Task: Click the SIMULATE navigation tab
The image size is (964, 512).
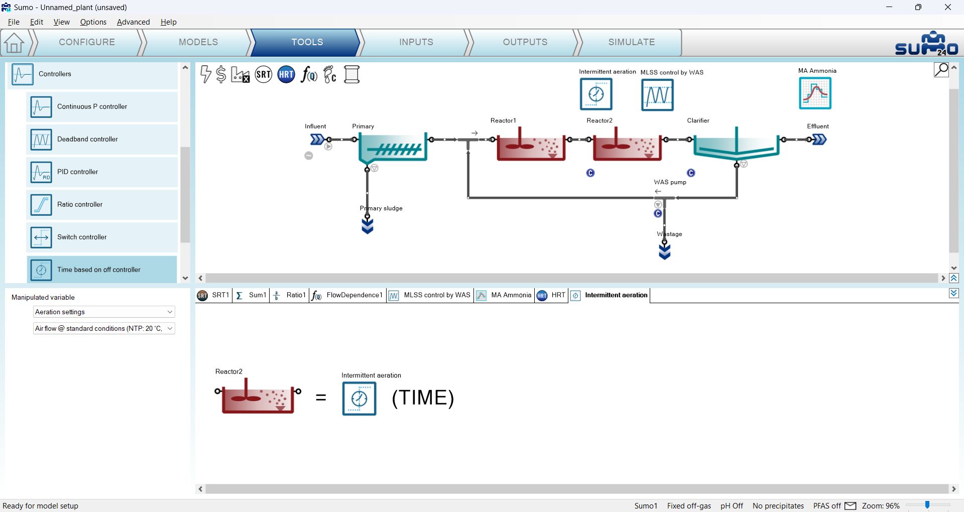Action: coord(631,42)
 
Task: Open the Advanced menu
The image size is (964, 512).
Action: coord(133,22)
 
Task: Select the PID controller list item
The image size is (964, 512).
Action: coord(102,172)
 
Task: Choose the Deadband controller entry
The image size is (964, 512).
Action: coord(102,140)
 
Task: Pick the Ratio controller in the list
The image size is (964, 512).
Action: coord(102,205)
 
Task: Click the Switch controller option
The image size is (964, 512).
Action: coord(102,237)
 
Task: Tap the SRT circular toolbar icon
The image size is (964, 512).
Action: coord(264,75)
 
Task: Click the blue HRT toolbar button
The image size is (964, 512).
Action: coord(286,75)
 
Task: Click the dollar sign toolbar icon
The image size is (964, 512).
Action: coord(221,75)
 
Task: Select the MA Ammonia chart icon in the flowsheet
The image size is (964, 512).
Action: coord(815,93)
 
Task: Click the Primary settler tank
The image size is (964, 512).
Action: coord(393,148)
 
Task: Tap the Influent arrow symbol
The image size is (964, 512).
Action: coord(317,140)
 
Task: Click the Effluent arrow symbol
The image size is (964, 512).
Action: coord(819,140)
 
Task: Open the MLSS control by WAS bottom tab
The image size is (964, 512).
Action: coord(430,295)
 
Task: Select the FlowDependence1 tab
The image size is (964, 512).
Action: coord(347,295)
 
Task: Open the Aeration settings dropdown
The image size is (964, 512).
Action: coord(104,312)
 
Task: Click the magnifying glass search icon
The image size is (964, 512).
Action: coord(941,70)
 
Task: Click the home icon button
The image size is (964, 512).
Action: coord(14,43)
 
